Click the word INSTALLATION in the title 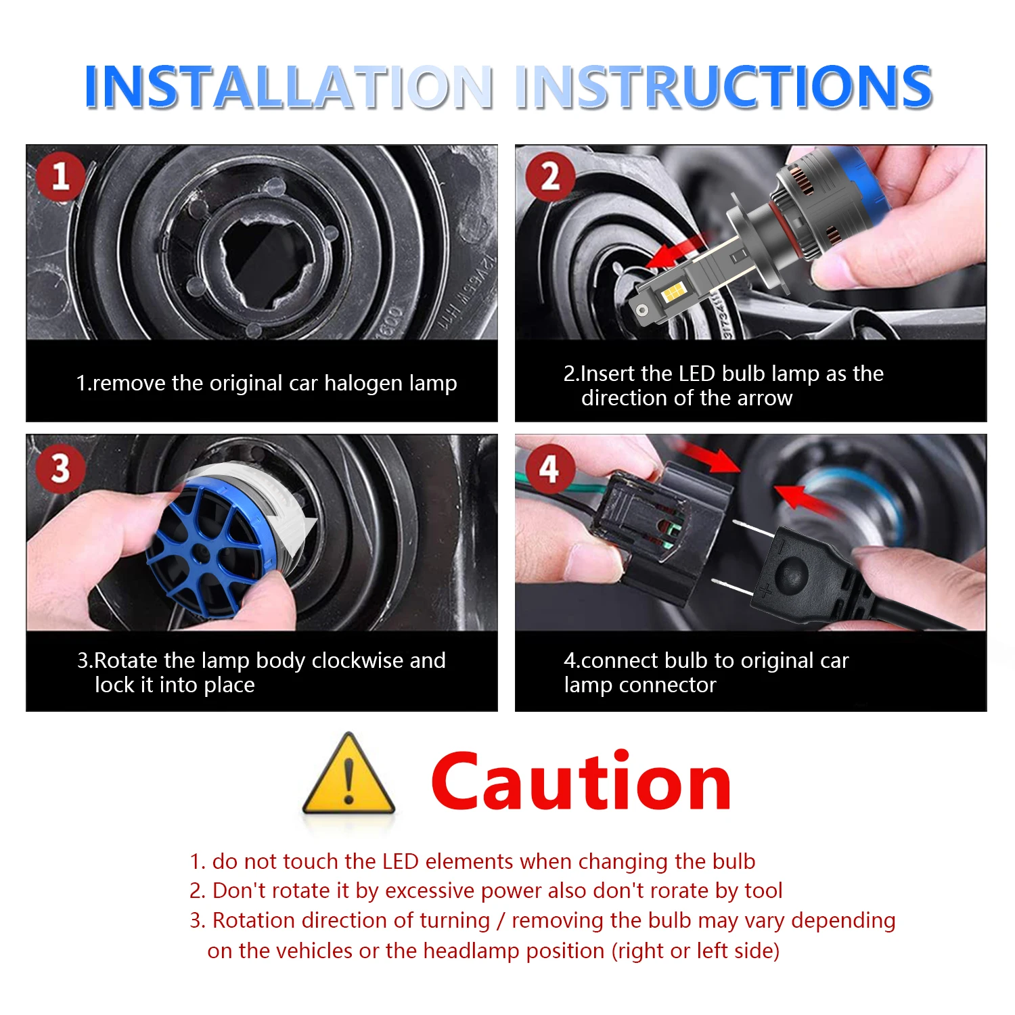pyautogui.click(x=288, y=87)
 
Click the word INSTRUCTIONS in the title pyautogui.click(x=723, y=87)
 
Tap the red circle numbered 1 pyautogui.click(x=61, y=176)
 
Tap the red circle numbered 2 pyautogui.click(x=550, y=176)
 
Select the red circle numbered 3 pyautogui.click(x=61, y=468)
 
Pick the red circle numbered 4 pyautogui.click(x=549, y=468)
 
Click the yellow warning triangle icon pyautogui.click(x=348, y=774)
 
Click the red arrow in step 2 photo pyautogui.click(x=677, y=254)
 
